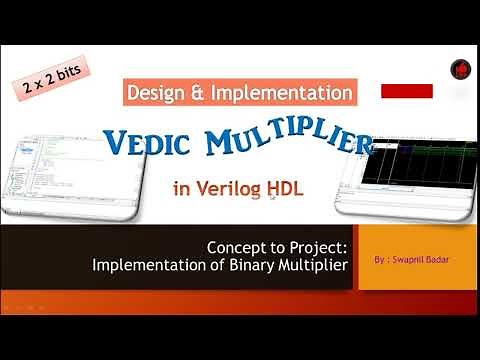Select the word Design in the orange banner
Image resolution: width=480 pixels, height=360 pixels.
click(x=158, y=93)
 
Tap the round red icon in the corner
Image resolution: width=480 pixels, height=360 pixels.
click(x=460, y=69)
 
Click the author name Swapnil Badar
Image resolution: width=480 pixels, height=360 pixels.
click(x=415, y=258)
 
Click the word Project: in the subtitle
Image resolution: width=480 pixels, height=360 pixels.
click(x=309, y=247)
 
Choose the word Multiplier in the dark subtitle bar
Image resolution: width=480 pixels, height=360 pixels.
click(x=307, y=265)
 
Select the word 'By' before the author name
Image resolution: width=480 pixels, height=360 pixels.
click(x=377, y=258)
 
